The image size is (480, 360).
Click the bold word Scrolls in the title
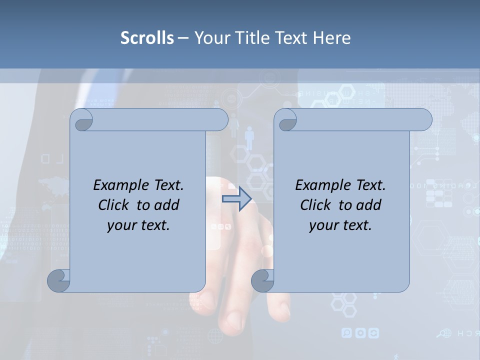pos(147,38)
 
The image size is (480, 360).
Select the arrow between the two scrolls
pos(236,199)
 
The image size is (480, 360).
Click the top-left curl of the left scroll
pos(81,120)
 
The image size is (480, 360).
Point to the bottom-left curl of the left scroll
pos(59,280)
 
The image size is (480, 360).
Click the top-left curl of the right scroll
pos(285,120)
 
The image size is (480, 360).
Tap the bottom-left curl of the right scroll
pos(262,280)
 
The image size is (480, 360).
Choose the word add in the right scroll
pos(369,205)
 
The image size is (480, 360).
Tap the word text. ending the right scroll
pos(357,225)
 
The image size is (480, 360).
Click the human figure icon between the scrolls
pos(249,137)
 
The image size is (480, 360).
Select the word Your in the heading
pos(210,38)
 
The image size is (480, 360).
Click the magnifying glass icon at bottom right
pos(441,333)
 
